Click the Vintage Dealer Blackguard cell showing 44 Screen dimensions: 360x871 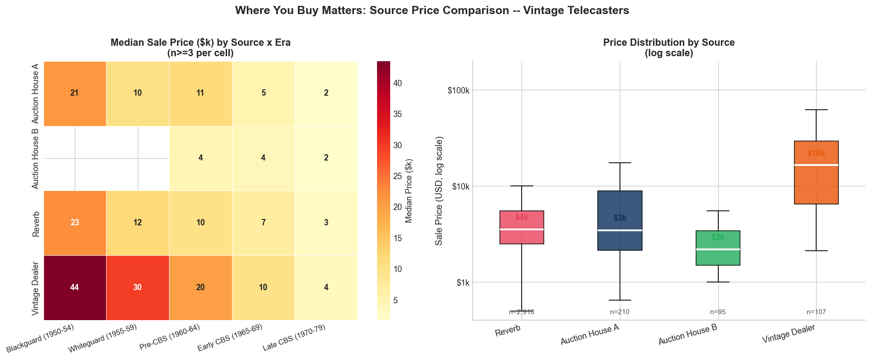[75, 287]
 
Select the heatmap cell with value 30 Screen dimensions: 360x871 [137, 287]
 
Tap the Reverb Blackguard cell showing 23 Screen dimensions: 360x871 [75, 223]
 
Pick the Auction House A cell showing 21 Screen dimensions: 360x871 [75, 93]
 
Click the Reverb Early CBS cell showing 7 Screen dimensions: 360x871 [263, 223]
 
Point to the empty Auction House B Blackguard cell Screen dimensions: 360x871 [75, 158]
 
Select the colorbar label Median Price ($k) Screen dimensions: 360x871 [409, 190]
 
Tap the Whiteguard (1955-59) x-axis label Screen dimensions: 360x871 [103, 338]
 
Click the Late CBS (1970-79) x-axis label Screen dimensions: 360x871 [294, 338]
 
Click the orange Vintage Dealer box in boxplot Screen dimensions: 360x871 [816, 186]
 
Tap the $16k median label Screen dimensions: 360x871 [816, 153]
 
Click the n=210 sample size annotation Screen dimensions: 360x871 [619, 312]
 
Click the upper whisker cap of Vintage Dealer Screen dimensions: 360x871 [816, 110]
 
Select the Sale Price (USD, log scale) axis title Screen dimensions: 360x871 [439, 190]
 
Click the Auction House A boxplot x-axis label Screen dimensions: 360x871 [590, 335]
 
